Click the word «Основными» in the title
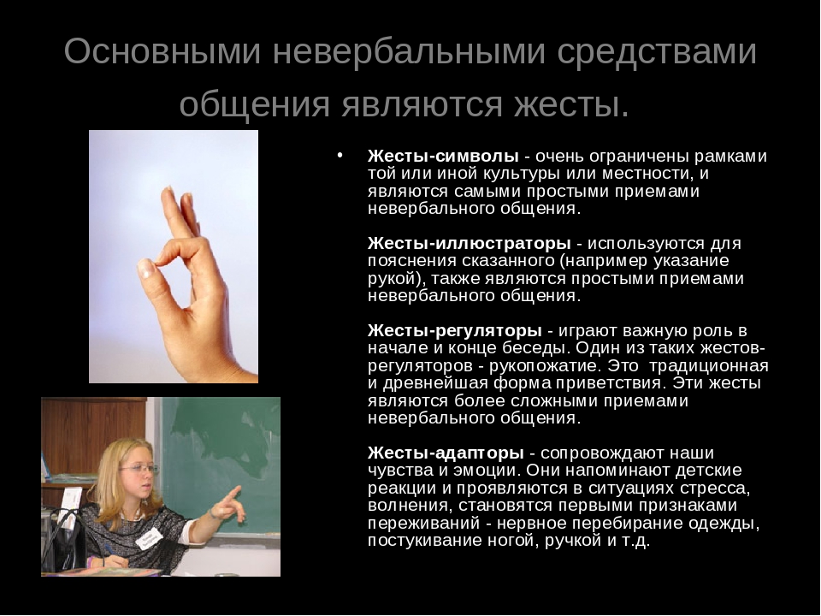(x=162, y=51)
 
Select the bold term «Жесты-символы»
(x=443, y=156)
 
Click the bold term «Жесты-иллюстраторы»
(x=470, y=244)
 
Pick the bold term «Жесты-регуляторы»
(x=454, y=331)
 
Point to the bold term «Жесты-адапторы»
(x=446, y=453)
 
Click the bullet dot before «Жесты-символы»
(x=340, y=155)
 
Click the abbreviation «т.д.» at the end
(x=635, y=541)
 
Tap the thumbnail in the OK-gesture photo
(x=146, y=269)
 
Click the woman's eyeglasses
(x=137, y=469)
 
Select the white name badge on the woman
(x=149, y=537)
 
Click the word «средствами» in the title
(x=657, y=51)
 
